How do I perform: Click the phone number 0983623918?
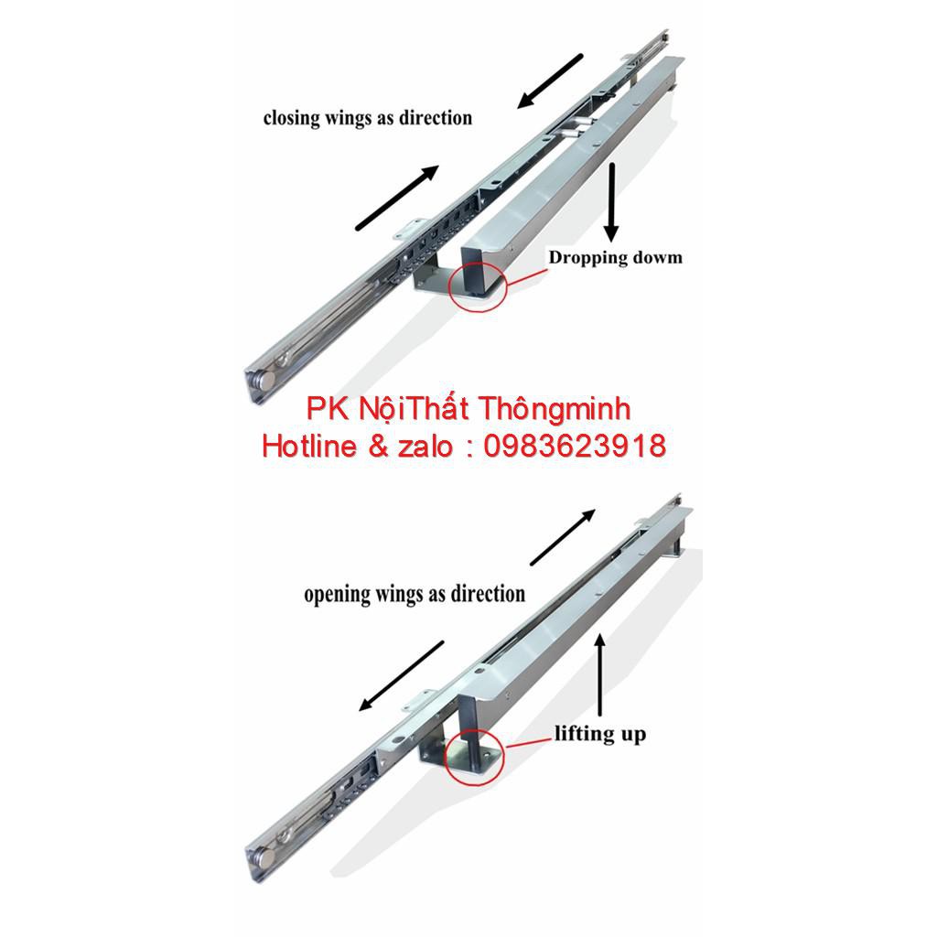pos(573,446)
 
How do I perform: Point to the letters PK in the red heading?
pos(327,408)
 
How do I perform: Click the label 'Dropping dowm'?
pos(615,257)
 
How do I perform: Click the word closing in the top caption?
pos(289,118)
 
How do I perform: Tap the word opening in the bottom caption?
pos(336,594)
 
